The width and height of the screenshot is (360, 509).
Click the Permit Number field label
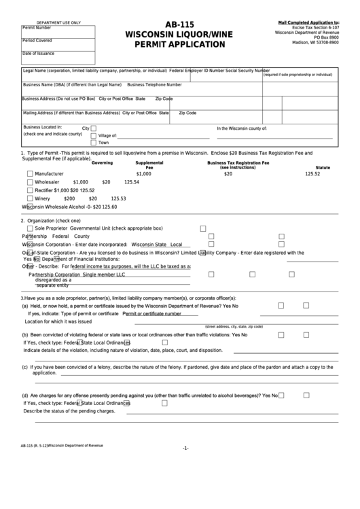[37, 28]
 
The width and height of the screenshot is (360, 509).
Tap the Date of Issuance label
[38, 53]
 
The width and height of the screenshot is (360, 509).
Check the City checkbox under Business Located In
[94, 128]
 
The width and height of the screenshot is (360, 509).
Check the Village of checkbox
[94, 135]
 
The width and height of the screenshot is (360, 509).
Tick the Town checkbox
[94, 143]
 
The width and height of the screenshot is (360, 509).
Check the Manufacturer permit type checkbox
[30, 174]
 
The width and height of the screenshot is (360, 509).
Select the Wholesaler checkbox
[30, 182]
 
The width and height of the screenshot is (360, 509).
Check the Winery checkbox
[30, 198]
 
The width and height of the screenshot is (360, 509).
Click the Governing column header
[102, 163]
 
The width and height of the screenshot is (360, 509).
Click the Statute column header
[323, 167]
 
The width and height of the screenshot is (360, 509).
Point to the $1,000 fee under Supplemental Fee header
[143, 174]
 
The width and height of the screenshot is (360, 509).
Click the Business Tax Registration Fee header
[238, 163]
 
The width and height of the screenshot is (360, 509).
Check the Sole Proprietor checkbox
[30, 228]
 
